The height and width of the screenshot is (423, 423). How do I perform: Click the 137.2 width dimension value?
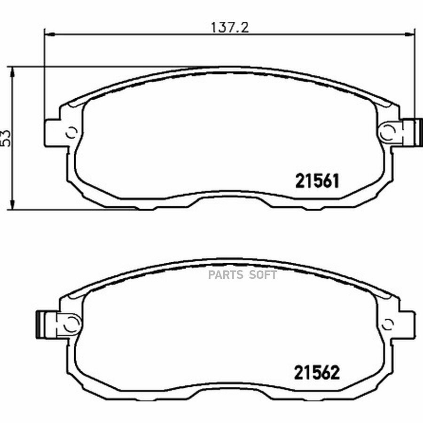click(x=230, y=27)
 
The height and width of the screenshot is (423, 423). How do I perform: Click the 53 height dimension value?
click(x=6, y=138)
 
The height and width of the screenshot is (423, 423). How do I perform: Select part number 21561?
click(x=317, y=181)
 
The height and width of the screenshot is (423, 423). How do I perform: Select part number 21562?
click(x=317, y=373)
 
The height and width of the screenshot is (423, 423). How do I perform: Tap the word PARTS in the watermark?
click(x=226, y=275)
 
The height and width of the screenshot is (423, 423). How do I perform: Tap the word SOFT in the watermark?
click(x=263, y=275)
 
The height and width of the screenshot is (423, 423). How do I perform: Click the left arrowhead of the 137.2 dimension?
click(x=49, y=34)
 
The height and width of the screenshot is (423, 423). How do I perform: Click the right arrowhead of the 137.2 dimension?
click(x=410, y=34)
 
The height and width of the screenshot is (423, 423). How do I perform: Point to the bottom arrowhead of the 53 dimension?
click(x=12, y=204)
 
